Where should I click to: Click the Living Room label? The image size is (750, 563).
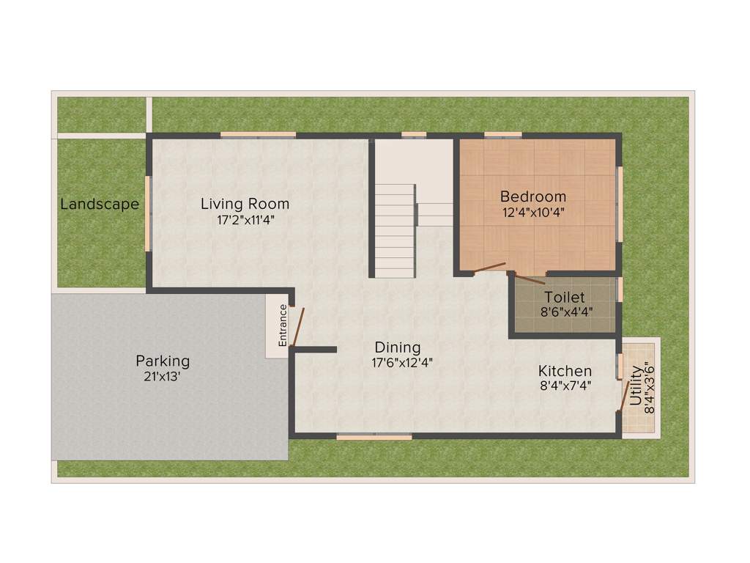click(245, 204)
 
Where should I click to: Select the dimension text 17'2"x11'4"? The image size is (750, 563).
click(245, 219)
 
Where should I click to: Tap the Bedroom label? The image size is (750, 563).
click(533, 196)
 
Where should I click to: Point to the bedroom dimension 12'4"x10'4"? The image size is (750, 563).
click(533, 213)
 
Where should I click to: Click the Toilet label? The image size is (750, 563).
click(565, 297)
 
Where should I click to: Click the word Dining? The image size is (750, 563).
click(398, 347)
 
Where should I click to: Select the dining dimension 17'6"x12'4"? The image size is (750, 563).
click(398, 361)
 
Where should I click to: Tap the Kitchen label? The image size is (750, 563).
click(565, 371)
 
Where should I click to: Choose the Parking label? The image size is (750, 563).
click(163, 361)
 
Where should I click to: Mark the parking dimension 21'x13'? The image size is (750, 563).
click(163, 376)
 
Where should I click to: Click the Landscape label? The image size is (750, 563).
click(100, 205)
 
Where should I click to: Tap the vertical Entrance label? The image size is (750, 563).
click(283, 325)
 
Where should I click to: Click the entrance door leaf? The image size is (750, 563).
click(298, 327)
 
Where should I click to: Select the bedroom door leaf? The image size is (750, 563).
click(489, 268)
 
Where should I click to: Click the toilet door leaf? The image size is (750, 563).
click(529, 279)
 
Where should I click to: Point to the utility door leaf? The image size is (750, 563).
click(625, 395)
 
